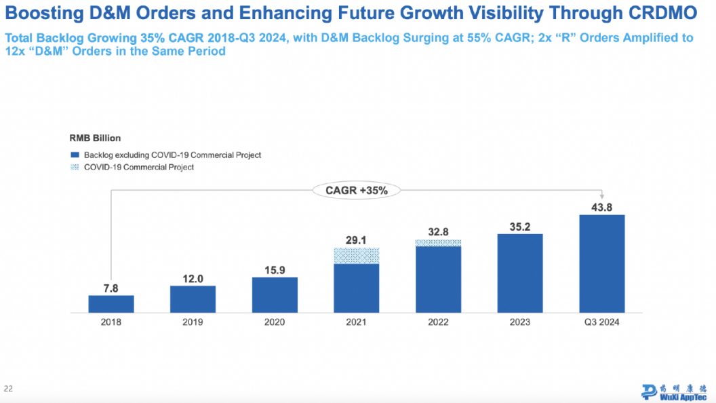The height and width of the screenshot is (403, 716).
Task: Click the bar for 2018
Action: (x=111, y=304)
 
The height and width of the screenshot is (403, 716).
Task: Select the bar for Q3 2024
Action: (x=602, y=264)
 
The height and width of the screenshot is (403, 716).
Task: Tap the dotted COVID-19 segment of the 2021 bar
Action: (x=357, y=255)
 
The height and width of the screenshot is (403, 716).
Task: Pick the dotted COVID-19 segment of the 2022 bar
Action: (x=438, y=242)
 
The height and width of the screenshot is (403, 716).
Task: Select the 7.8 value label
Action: (x=111, y=288)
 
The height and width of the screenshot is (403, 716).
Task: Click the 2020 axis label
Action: (x=275, y=322)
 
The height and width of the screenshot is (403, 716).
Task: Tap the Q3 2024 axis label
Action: (x=602, y=322)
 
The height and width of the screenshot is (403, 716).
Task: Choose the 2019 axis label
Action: (x=193, y=322)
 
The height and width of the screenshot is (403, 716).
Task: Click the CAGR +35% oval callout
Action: (x=357, y=191)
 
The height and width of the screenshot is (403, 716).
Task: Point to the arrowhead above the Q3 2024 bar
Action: (x=602, y=197)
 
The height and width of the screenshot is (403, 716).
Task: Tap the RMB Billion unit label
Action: (x=95, y=138)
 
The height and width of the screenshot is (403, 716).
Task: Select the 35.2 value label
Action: (x=520, y=226)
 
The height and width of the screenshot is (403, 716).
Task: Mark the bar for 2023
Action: (x=520, y=273)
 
